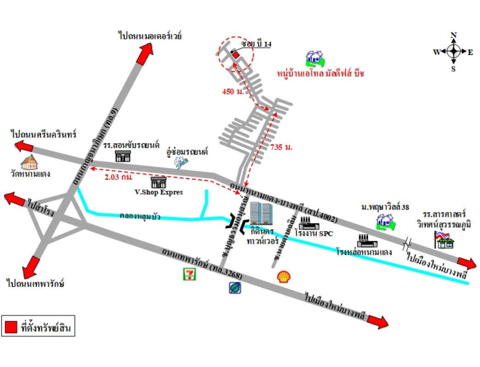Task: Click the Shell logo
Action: [284, 276]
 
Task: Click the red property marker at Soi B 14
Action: [236, 55]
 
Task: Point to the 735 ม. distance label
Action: [281, 147]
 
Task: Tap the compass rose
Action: [453, 51]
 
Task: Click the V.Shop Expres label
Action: [159, 192]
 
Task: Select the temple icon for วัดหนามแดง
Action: [29, 162]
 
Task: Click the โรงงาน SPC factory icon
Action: [309, 223]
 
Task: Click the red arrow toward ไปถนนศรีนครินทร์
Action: [25, 146]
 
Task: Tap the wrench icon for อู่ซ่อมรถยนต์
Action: [180, 162]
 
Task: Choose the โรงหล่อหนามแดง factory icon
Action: [365, 240]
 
